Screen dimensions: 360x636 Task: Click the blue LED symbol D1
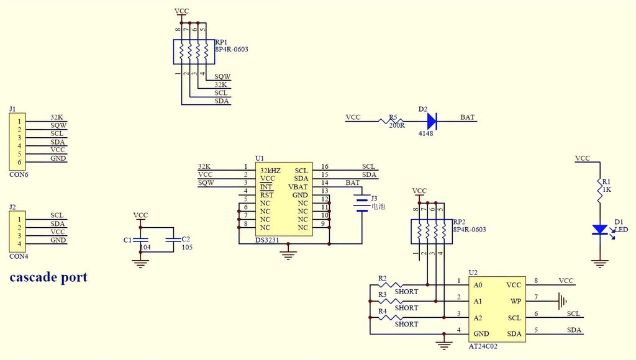600,230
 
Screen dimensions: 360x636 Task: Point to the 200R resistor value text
397,125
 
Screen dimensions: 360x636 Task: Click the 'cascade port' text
48,277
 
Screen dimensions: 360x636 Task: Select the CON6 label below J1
19,174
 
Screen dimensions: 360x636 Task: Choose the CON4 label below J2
19,256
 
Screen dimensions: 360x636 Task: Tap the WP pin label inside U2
516,301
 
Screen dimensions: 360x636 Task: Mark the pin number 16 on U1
324,166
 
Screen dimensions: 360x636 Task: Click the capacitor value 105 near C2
187,247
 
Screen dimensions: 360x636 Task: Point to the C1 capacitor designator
127,239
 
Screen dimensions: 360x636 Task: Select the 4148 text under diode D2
425,133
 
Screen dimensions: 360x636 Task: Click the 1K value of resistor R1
607,189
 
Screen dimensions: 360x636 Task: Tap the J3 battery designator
374,199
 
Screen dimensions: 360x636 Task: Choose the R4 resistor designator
383,311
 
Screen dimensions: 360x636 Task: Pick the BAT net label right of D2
468,117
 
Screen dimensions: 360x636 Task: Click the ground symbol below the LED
600,264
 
